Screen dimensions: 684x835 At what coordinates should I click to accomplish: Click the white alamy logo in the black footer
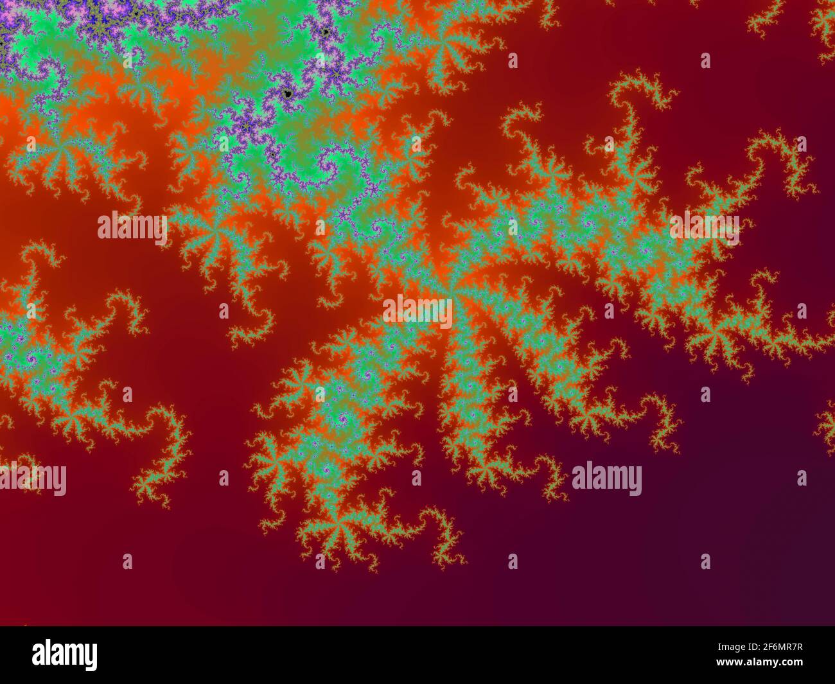tap(64, 655)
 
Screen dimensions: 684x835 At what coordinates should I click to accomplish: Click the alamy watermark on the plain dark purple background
tap(606, 479)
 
